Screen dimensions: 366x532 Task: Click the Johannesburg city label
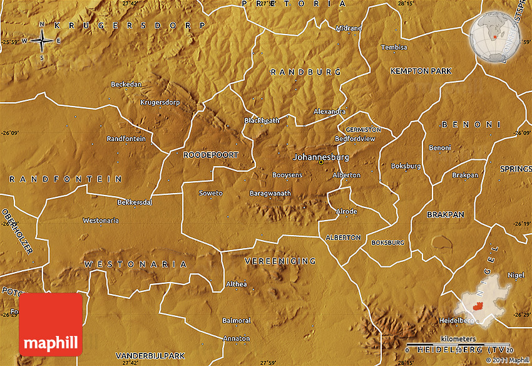point(321,157)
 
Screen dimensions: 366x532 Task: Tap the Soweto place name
point(210,193)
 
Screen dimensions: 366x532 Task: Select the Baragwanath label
point(270,194)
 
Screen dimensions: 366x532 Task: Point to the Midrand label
point(349,28)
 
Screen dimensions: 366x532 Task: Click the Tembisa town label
point(394,48)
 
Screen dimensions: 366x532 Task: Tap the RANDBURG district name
point(305,72)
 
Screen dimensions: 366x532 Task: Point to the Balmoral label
point(237,320)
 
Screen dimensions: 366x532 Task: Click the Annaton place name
point(236,338)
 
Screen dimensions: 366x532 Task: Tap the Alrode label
point(346,212)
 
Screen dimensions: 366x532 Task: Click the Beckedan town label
point(126,84)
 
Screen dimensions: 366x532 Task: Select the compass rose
point(42,41)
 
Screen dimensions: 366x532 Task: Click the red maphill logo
point(51,324)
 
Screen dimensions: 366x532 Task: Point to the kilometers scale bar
point(459,345)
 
